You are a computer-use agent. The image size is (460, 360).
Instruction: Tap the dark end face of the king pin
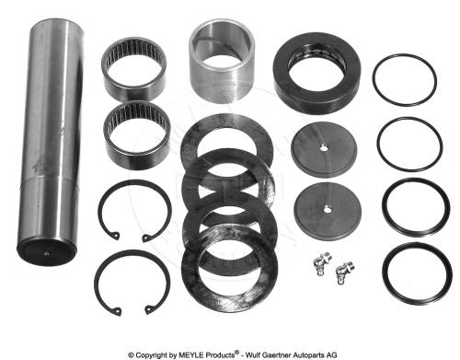[x=46, y=252]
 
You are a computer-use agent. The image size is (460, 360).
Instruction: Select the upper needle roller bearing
[x=134, y=69]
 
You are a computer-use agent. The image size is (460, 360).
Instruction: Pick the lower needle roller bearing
[x=137, y=135]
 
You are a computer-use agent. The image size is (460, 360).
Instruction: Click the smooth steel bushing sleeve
[x=222, y=62]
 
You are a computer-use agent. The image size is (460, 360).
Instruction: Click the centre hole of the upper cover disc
[x=324, y=148]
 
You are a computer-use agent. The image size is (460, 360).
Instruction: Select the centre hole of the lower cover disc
[x=327, y=209]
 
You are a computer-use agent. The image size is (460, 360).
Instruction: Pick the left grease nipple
[x=322, y=263]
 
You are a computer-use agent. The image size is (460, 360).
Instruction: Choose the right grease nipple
[x=344, y=272]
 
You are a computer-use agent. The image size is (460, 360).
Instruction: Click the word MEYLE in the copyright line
[x=191, y=354]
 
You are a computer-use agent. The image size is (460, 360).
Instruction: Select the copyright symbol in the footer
[x=131, y=355]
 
